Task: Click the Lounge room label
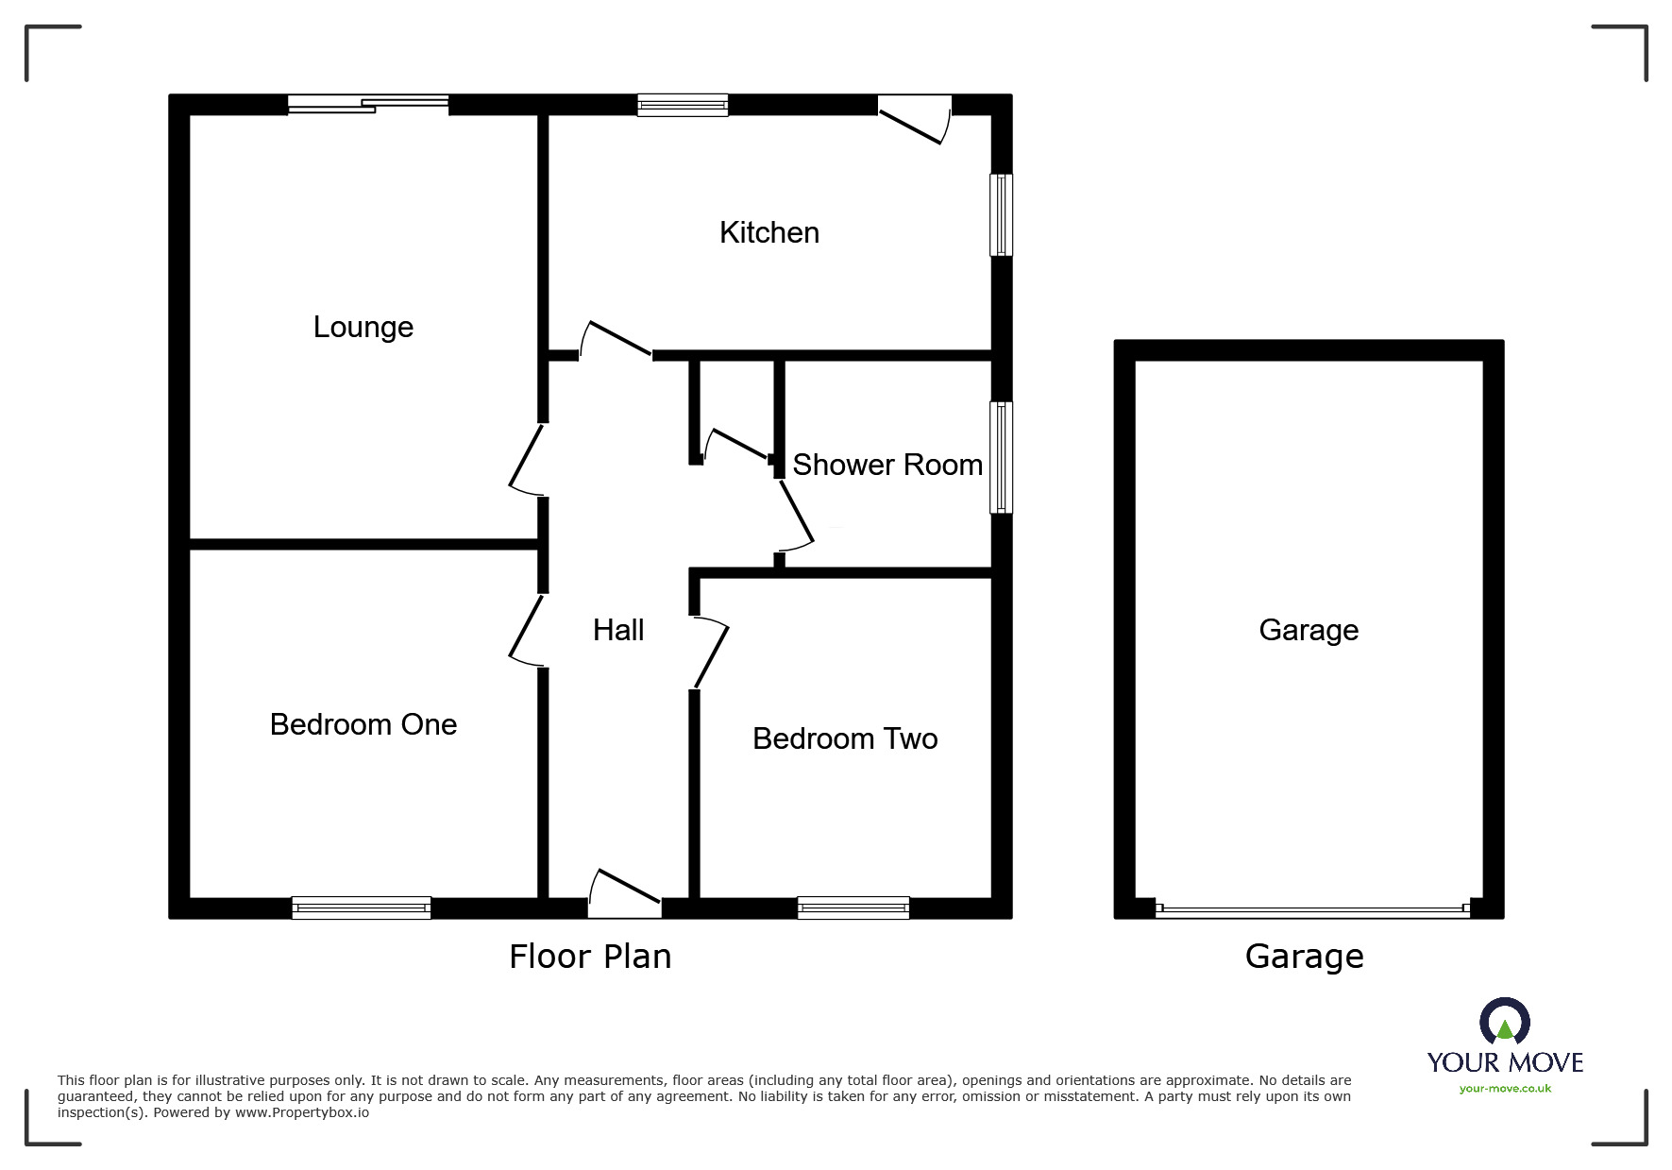[363, 327]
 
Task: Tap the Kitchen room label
[768, 232]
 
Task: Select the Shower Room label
[887, 465]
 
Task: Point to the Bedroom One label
[363, 724]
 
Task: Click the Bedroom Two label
[845, 738]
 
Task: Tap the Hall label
[618, 630]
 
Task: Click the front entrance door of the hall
[625, 893]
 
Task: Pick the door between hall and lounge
[527, 459]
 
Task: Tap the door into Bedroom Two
[711, 653]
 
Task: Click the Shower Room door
[795, 515]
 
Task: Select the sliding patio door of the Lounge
[368, 104]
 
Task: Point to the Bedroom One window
[362, 907]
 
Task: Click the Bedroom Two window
[853, 907]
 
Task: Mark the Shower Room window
[1001, 458]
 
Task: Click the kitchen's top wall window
[683, 104]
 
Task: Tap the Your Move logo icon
[1504, 1023]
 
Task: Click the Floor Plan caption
[590, 957]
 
